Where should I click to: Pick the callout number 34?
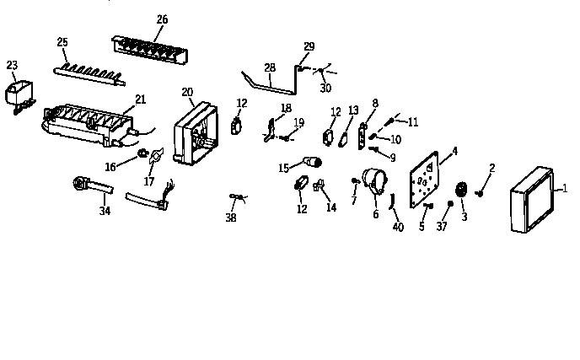tap(104, 210)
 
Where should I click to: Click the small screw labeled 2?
tap(479, 193)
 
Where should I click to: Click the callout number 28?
tap(269, 67)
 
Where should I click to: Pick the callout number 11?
tap(412, 122)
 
